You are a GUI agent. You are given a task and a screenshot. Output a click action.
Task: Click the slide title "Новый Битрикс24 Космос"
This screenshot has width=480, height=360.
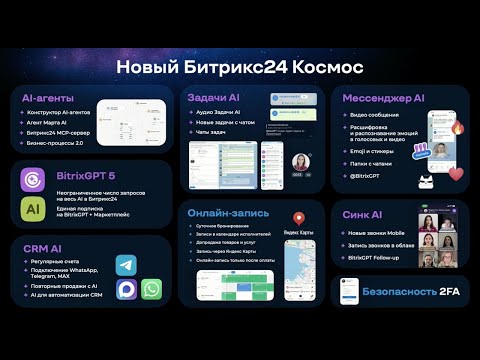click(240, 67)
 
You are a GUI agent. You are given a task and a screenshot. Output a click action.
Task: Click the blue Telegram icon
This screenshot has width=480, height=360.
click(126, 265)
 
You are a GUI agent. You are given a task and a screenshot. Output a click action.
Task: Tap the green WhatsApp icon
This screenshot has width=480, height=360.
click(152, 289)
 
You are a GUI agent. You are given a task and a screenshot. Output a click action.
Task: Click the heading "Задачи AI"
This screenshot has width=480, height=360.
click(213, 97)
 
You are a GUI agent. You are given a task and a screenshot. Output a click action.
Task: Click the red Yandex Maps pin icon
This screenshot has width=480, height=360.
click(298, 218)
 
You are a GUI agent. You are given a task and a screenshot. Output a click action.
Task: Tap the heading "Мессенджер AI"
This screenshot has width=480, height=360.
click(383, 97)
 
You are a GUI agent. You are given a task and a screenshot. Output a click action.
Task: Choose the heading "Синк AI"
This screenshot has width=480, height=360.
click(362, 213)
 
